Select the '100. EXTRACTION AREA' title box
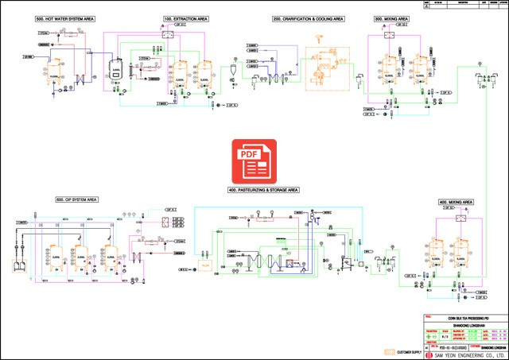(186, 17)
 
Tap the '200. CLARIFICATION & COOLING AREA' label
(309, 17)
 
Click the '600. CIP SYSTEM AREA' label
(76, 199)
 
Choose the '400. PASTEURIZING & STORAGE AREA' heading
(262, 190)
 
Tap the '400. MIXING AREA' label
(456, 202)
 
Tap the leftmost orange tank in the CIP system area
(56, 259)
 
